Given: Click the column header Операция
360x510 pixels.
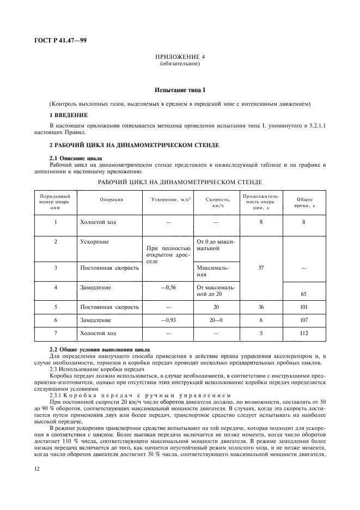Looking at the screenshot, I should tap(111, 199).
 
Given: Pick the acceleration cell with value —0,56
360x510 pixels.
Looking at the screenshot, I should tap(167, 287).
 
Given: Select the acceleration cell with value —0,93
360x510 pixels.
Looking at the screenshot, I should tap(167, 320).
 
